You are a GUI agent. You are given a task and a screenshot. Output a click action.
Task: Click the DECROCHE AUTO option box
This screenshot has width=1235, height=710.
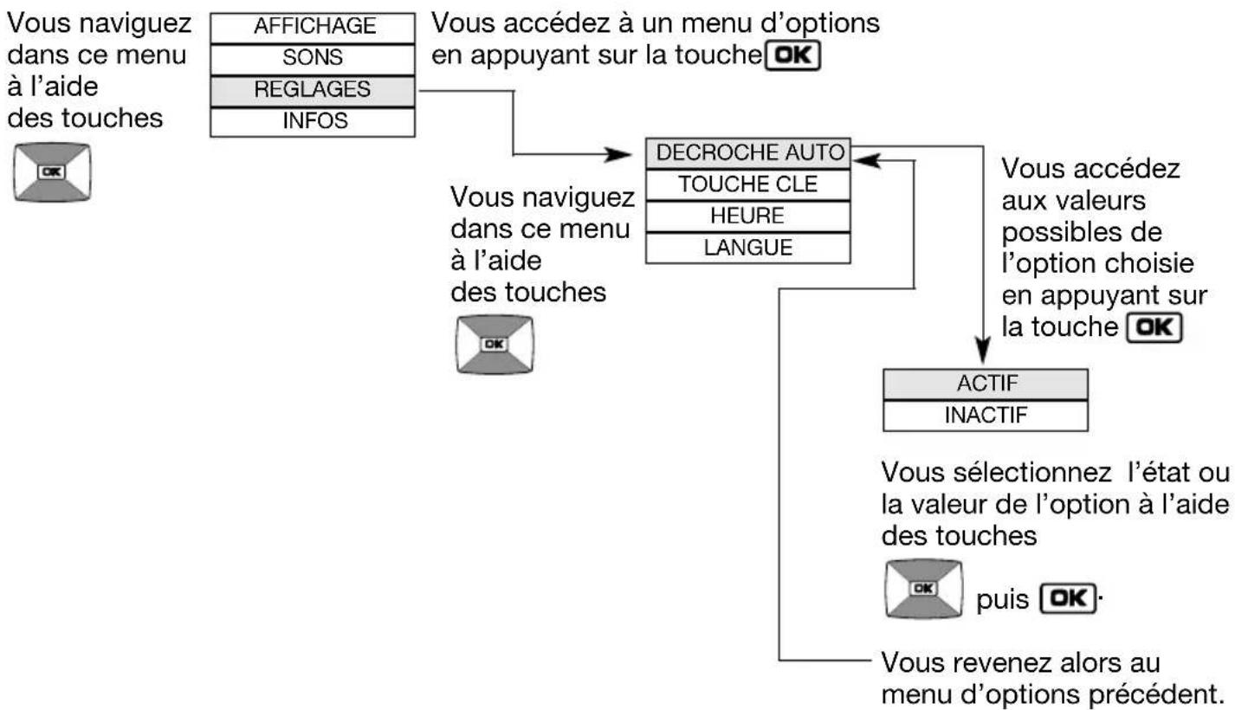coord(750,152)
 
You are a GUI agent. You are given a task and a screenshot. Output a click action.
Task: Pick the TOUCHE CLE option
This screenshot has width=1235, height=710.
coord(750,184)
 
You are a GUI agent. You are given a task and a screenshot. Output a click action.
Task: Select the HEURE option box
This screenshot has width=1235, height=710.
coord(750,215)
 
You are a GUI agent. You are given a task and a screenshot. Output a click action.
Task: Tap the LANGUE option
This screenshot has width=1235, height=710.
coord(750,247)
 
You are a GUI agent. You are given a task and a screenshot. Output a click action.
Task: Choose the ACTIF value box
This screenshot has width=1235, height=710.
coord(985,384)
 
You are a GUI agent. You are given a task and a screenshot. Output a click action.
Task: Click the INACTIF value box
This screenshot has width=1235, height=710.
coord(985,416)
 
